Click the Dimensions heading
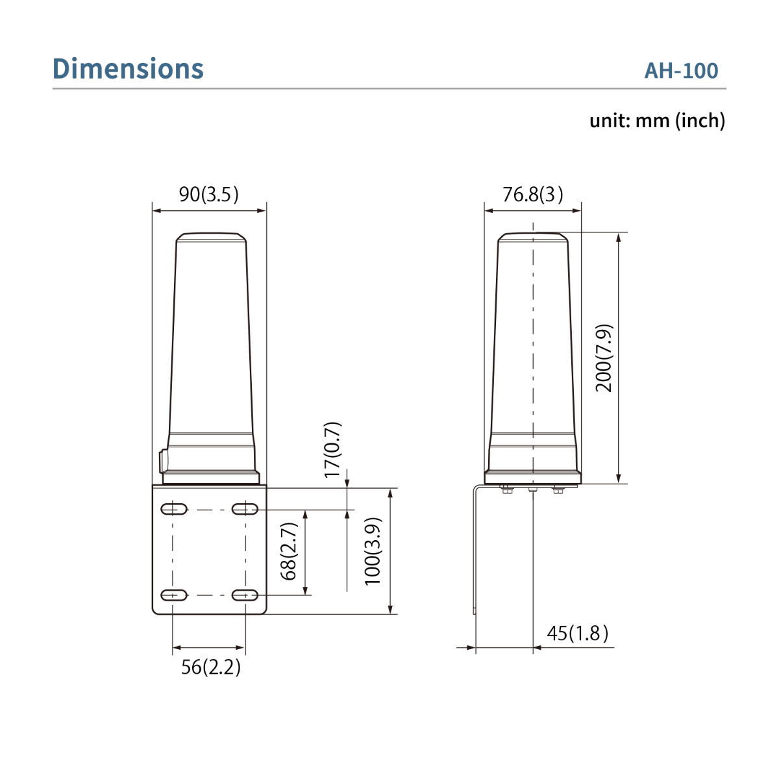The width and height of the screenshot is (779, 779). click(x=128, y=69)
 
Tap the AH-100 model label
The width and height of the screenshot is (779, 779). click(x=681, y=71)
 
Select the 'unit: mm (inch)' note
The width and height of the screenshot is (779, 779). click(x=657, y=121)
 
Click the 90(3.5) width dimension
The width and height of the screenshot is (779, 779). click(x=208, y=194)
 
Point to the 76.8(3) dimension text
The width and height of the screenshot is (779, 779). click(x=532, y=194)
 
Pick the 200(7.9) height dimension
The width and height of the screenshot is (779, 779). click(x=604, y=358)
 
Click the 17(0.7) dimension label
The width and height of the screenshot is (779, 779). click(x=332, y=449)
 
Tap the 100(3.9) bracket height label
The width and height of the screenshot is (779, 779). click(x=373, y=551)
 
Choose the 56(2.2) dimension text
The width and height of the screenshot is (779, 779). click(x=210, y=667)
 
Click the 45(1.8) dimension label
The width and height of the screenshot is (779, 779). click(x=577, y=633)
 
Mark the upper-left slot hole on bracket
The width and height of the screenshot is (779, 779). click(x=173, y=509)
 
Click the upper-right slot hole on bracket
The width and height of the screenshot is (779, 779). click(x=245, y=509)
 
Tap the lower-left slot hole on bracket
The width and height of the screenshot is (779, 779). click(x=173, y=595)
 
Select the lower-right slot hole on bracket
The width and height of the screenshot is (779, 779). click(x=245, y=595)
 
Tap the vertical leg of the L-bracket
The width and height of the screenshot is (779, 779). click(x=475, y=552)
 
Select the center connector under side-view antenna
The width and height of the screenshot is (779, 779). click(x=533, y=490)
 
